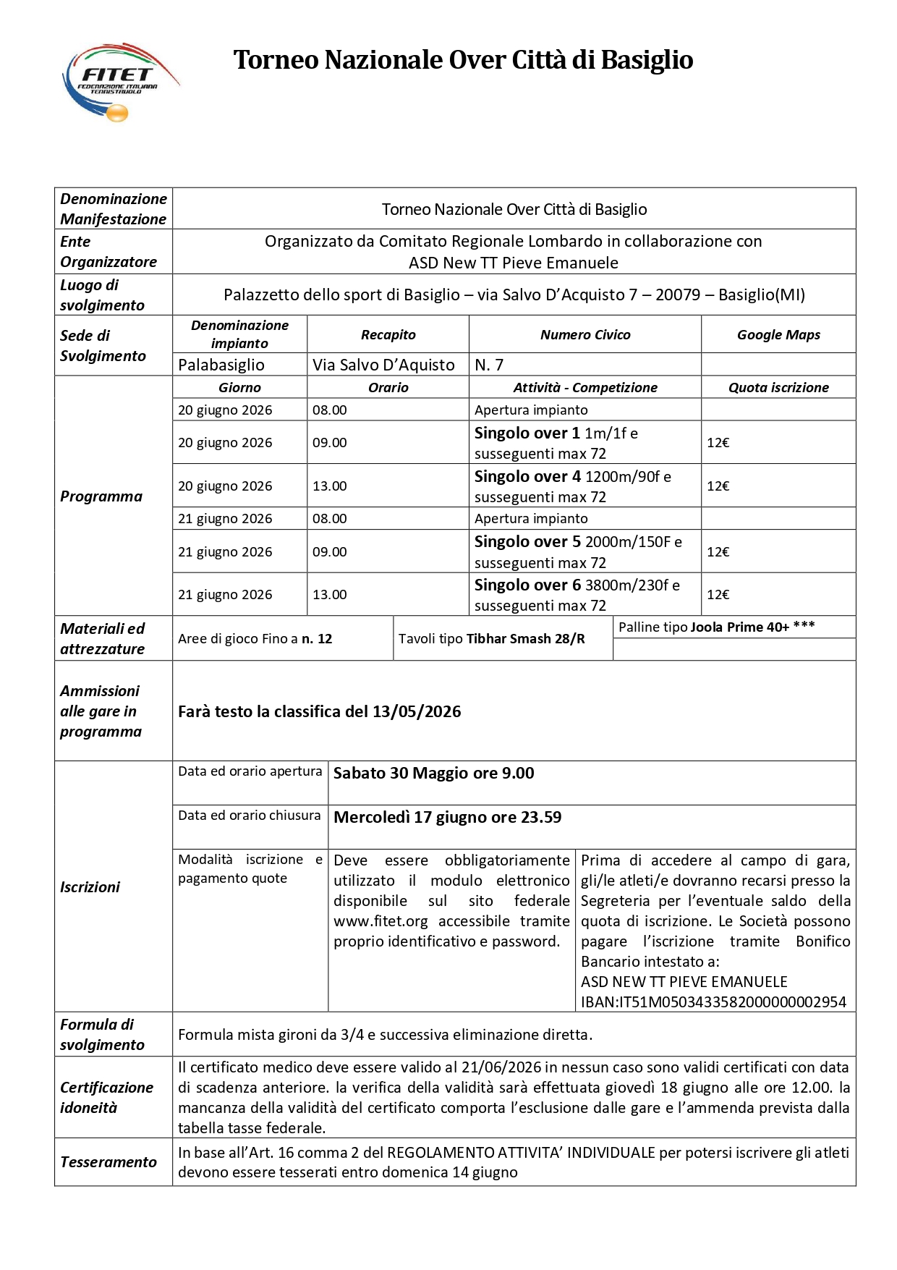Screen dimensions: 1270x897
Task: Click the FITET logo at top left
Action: [119, 82]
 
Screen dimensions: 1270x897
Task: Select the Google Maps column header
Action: [778, 335]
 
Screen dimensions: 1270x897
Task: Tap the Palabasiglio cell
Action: [221, 365]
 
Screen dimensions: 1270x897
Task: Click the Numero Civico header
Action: [585, 335]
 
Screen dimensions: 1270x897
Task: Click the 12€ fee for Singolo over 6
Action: [718, 595]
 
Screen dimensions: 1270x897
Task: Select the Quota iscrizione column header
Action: [778, 388]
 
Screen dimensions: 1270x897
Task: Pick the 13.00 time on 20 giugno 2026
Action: [330, 486]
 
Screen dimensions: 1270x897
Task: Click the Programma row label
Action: [101, 496]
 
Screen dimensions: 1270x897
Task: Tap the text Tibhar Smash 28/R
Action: [526, 639]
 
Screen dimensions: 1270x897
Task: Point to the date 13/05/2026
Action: [417, 712]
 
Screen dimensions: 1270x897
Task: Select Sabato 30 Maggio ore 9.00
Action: [433, 774]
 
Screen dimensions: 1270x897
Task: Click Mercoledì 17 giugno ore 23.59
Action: [447, 818]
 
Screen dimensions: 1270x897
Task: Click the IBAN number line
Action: [713, 1002]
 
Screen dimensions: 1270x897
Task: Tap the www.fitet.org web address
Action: [381, 921]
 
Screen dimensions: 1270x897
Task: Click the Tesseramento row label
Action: [109, 1162]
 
